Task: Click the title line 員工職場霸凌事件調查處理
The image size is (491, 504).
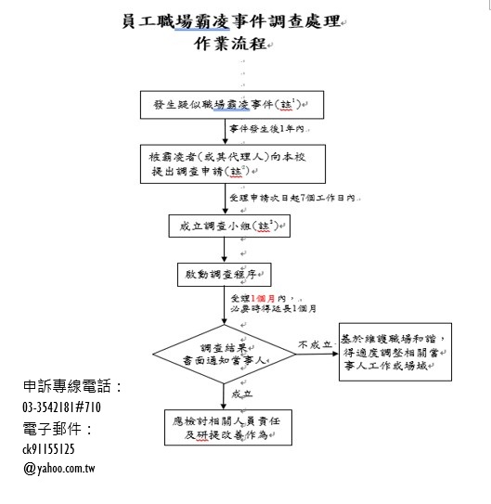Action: (231, 22)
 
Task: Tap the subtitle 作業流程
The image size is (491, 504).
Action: (230, 44)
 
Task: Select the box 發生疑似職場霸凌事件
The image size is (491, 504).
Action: (232, 105)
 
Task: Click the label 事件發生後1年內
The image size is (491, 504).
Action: (266, 129)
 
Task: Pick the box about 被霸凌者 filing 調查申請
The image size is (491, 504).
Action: (233, 164)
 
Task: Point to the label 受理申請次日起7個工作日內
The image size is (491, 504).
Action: (292, 198)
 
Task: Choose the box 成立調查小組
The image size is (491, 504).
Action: (229, 226)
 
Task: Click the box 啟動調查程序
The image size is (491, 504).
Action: (225, 275)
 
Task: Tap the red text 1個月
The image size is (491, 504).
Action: (263, 298)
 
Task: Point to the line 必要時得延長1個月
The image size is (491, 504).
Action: (274, 308)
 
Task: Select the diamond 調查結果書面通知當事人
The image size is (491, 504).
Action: (225, 355)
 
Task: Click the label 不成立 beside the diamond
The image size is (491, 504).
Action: (315, 344)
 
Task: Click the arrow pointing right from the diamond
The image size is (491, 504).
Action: (317, 354)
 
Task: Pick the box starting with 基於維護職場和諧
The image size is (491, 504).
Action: (395, 352)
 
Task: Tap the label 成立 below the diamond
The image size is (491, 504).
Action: (242, 394)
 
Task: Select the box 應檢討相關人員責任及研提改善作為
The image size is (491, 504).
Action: (228, 428)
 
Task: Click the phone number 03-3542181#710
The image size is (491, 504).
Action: (61, 407)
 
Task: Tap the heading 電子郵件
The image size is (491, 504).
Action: (58, 429)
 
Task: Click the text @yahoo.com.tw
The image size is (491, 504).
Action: (59, 469)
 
